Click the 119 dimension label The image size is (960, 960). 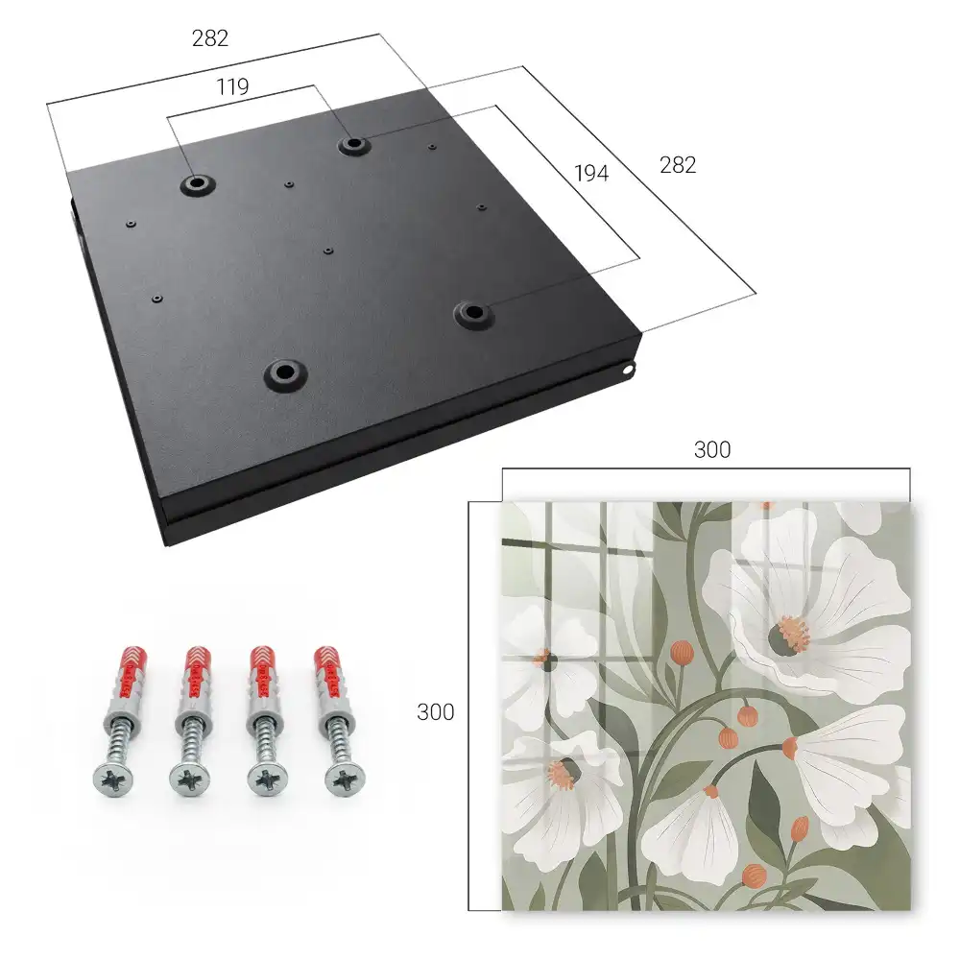tap(232, 87)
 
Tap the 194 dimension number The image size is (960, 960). tap(591, 174)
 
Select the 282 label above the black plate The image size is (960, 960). tap(210, 38)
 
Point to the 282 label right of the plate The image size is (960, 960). tap(678, 165)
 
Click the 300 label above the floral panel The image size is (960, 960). tap(712, 450)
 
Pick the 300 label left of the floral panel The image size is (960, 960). tap(435, 712)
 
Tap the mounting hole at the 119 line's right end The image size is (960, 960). tap(352, 145)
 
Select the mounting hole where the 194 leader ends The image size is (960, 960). tap(472, 314)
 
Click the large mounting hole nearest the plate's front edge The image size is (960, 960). tap(285, 374)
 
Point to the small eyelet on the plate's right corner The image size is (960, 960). tap(627, 370)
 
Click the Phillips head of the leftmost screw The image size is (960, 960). tap(113, 780)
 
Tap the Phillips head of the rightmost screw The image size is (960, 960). tap(345, 780)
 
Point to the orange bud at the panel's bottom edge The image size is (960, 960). tap(755, 876)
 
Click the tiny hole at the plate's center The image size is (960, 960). tap(328, 251)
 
